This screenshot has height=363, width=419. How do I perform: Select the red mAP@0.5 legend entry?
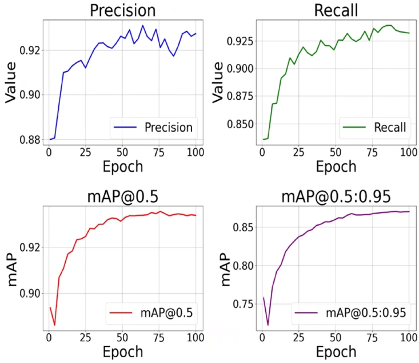(153, 313)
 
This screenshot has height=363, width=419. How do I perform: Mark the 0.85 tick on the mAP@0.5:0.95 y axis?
(245, 228)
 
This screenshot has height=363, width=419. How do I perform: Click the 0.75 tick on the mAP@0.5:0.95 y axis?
(245, 303)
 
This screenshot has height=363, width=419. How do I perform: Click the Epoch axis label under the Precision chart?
(122, 167)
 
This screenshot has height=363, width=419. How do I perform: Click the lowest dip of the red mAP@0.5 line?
(55, 325)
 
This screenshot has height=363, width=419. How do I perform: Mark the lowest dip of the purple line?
(268, 325)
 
